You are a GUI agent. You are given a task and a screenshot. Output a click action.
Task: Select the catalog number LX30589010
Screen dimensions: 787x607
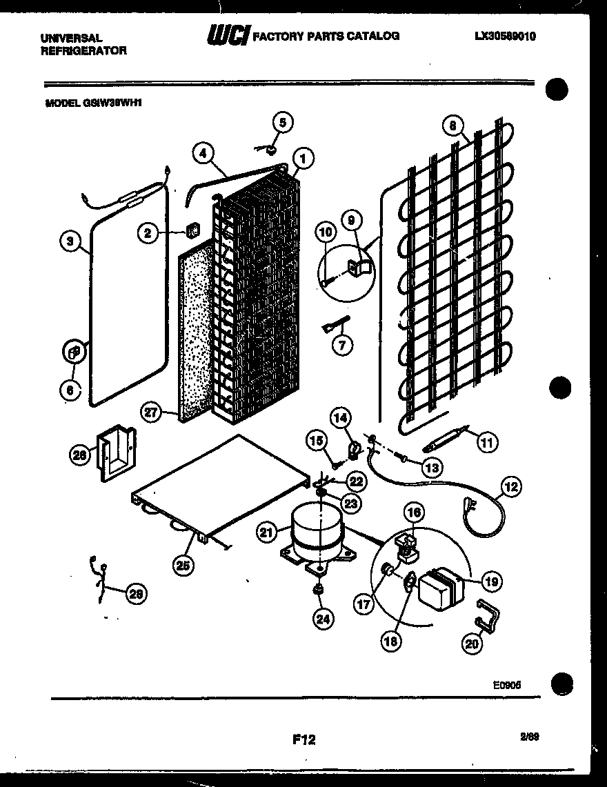coord(505,37)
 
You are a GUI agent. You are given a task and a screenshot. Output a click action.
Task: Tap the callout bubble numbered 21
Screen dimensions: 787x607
coord(268,532)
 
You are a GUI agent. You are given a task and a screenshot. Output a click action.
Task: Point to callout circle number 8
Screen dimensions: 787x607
coord(452,127)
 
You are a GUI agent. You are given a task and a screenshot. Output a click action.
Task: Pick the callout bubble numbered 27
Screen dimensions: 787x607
coord(152,413)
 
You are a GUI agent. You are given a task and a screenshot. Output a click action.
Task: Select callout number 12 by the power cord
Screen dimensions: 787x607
coord(511,487)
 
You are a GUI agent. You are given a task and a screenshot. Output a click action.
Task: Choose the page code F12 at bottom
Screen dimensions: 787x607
coord(303,740)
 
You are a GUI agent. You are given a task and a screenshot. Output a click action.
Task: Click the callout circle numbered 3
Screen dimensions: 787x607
coord(69,241)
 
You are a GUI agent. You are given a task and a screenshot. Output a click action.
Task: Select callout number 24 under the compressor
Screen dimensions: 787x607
coord(321,619)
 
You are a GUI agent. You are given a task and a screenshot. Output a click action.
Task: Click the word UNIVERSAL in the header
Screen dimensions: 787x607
coord(72,38)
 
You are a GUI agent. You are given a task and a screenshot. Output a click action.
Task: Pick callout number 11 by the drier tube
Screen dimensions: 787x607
coord(487,442)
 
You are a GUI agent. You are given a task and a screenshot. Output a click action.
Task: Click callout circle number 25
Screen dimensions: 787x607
coord(183,566)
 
